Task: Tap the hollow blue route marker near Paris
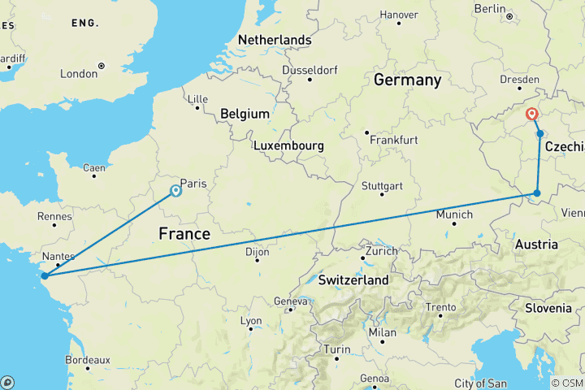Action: click(x=175, y=191)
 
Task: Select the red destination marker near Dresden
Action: click(x=533, y=115)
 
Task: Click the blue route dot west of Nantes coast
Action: click(x=45, y=275)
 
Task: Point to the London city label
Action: click(x=78, y=74)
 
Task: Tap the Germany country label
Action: click(x=407, y=80)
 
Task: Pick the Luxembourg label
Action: click(x=288, y=146)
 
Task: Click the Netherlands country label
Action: click(x=275, y=40)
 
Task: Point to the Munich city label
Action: click(x=454, y=214)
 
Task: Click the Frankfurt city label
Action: click(x=393, y=140)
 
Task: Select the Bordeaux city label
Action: click(x=87, y=359)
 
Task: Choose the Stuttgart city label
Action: click(x=383, y=186)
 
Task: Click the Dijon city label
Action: click(x=257, y=253)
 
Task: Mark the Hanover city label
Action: click(x=399, y=15)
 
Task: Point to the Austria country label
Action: click(x=536, y=245)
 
